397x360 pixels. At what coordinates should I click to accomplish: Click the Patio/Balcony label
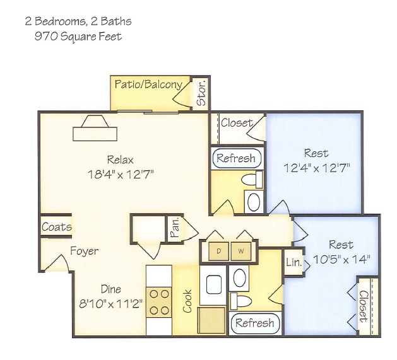tap(149, 84)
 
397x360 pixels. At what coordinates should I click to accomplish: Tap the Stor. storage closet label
tap(201, 93)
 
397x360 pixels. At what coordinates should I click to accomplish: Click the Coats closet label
tap(56, 227)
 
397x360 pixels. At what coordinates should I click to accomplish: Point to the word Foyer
tap(84, 251)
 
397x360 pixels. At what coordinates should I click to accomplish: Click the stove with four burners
tap(160, 301)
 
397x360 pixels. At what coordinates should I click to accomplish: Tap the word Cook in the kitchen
tap(187, 301)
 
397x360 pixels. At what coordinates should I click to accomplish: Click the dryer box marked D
tap(219, 250)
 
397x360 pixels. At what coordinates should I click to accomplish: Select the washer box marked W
tap(241, 250)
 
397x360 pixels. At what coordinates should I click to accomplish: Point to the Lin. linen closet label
tap(292, 262)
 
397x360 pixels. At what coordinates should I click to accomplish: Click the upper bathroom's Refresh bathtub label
tap(236, 158)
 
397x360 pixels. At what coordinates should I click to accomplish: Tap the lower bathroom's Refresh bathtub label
tap(254, 323)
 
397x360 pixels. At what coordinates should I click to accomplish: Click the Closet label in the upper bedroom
tap(237, 123)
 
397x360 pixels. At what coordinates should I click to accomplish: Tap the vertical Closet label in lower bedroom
tap(363, 306)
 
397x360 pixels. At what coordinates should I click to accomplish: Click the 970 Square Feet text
tap(77, 37)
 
